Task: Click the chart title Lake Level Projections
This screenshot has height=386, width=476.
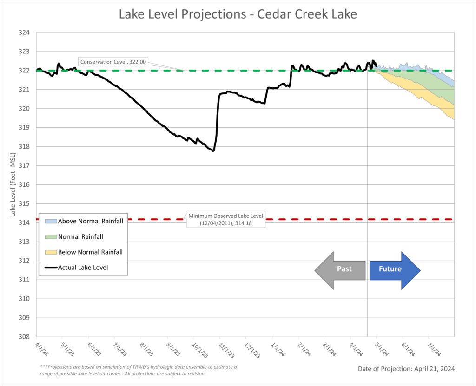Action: point(238,14)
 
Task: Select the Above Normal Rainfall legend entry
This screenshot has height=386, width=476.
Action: point(90,221)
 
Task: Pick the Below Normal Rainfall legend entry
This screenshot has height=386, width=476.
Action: point(90,252)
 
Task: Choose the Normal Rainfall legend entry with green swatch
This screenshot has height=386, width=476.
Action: point(80,236)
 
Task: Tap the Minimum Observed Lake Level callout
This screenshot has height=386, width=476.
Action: point(225,219)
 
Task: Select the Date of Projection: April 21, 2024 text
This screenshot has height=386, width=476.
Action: point(406,369)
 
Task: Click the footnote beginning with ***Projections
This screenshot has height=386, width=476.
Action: point(139,370)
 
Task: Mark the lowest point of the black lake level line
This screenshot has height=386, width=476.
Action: point(213,151)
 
